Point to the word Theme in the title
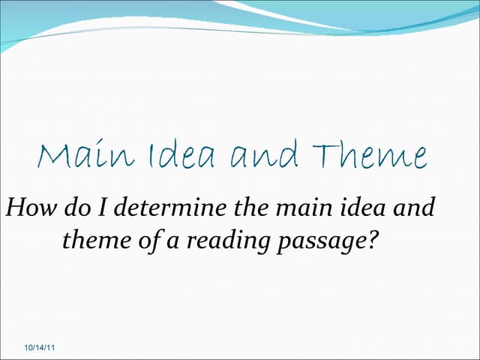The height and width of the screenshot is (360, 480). [371, 156]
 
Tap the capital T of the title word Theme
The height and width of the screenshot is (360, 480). [325, 156]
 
